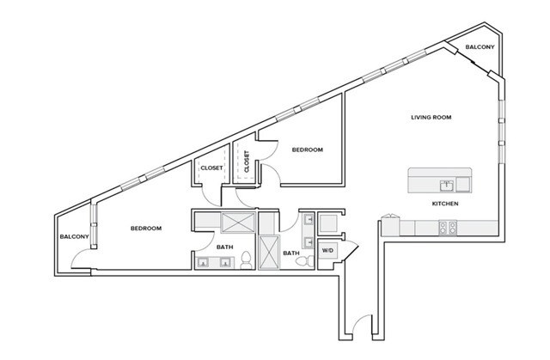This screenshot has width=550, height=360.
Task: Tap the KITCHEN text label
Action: tap(444, 204)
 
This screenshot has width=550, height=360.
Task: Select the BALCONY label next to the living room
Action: tap(480, 47)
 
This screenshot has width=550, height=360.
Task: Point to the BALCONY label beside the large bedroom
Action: tap(75, 236)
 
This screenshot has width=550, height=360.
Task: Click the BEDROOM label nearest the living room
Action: tap(307, 150)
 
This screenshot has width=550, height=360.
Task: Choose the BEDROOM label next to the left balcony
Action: tap(146, 228)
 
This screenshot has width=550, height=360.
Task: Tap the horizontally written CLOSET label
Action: tap(211, 168)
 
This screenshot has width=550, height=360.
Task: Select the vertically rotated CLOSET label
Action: tap(247, 162)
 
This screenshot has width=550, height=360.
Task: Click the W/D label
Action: tap(327, 250)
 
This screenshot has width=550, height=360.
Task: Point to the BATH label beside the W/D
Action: tap(291, 253)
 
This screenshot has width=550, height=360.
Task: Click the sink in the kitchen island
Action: tap(446, 183)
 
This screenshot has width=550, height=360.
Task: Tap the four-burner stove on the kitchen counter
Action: tap(448, 228)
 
